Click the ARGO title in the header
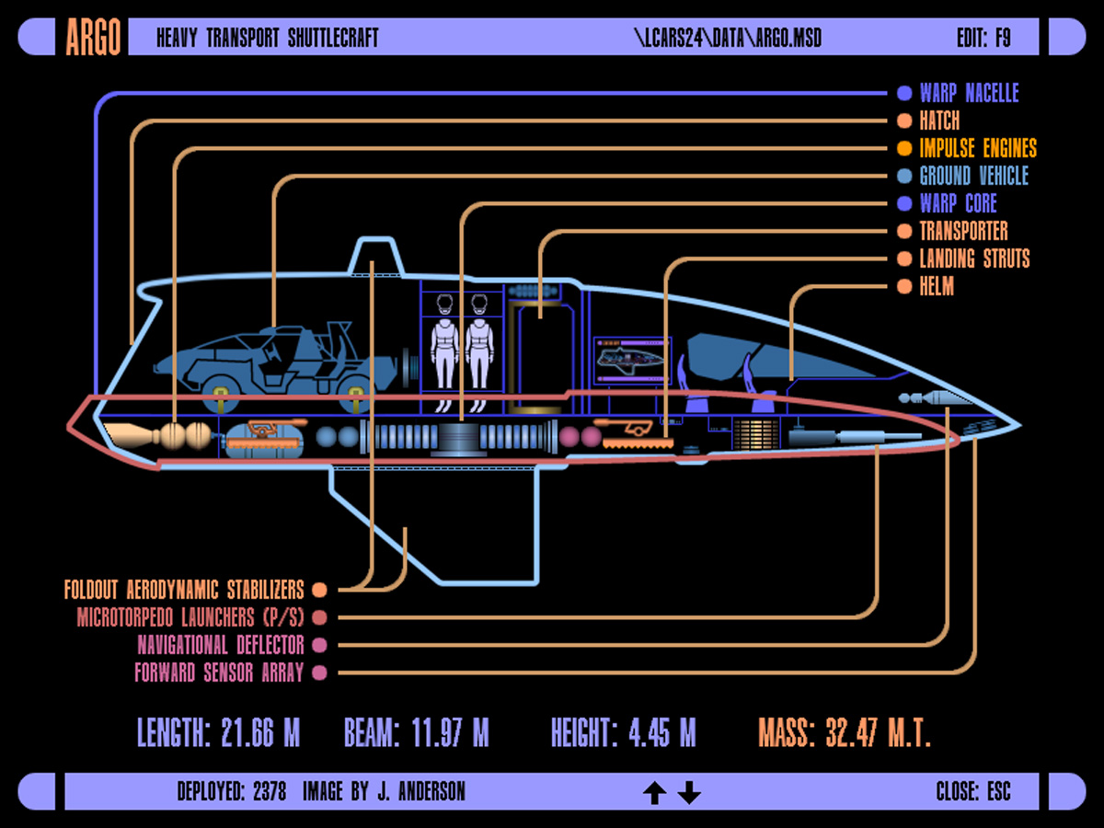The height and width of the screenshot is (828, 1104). tap(93, 38)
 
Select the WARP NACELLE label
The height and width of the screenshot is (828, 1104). tap(969, 93)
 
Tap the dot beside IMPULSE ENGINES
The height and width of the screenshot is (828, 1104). tap(903, 148)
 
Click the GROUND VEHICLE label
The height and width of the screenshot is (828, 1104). tap(973, 176)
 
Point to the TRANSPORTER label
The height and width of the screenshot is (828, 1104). tap(963, 231)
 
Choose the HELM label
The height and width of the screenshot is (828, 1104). tap(937, 286)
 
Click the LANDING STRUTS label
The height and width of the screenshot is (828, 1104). tap(974, 259)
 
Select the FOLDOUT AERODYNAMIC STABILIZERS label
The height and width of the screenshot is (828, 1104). tap(183, 589)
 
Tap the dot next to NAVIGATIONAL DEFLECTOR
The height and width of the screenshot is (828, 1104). tap(319, 645)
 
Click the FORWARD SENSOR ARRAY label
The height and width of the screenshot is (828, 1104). tap(219, 673)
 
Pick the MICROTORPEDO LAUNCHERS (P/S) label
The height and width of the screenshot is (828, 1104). tap(190, 617)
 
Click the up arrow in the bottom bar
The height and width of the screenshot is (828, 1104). tap(654, 792)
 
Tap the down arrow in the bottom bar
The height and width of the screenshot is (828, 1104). tap(689, 792)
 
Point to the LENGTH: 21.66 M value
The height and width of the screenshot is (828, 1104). tap(219, 733)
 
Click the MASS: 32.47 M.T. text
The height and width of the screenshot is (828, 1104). tap(845, 733)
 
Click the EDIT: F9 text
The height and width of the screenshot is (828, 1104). tap(983, 38)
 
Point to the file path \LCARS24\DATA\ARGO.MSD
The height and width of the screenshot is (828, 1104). tap(727, 38)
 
